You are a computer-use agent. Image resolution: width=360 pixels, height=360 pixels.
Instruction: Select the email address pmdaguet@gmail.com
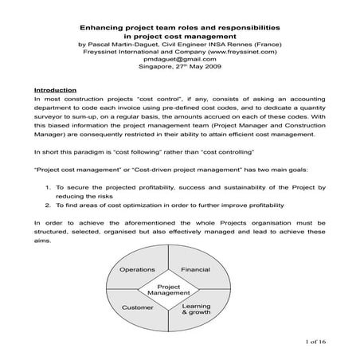pos(178,61)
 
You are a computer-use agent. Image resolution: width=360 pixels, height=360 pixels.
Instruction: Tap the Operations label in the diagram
pos(137,270)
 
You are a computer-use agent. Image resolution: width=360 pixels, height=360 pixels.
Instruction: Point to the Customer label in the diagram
pos(136,307)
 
